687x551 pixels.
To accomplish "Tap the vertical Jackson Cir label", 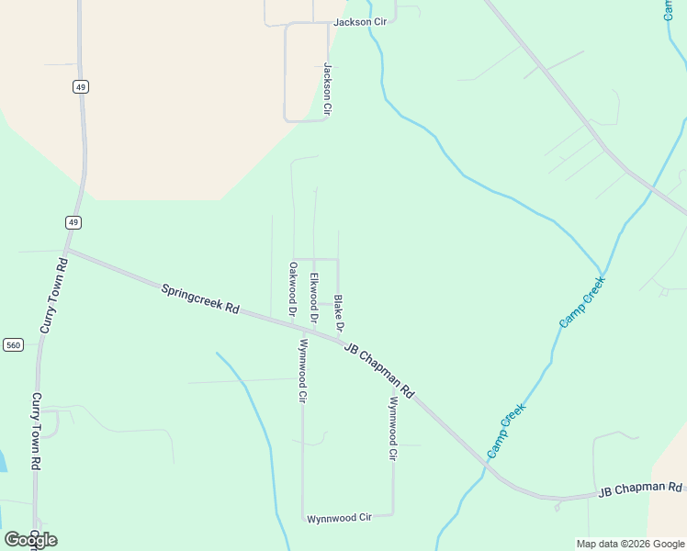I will point(326,88).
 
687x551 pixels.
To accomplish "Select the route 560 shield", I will point(13,344).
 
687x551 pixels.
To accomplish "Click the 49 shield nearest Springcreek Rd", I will point(73,222).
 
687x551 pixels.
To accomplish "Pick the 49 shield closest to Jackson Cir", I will point(81,86).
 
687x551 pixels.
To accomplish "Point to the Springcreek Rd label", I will point(200,299).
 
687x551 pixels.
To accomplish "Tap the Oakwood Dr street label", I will point(292,289).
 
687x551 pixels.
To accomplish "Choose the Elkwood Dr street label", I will point(314,298).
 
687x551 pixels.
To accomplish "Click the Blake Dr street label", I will point(339,313).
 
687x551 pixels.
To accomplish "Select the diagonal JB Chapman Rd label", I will point(379,370).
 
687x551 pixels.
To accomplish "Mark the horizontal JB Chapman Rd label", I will point(641,489).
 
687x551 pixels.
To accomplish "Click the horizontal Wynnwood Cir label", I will point(339,518).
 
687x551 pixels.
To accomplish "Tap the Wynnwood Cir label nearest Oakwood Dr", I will point(302,371).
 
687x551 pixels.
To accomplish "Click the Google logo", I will point(30,540).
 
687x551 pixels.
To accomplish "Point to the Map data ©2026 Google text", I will point(631,544).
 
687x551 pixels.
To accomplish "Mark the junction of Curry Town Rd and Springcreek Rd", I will point(67,250).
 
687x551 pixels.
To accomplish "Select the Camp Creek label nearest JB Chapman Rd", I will point(506,431).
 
